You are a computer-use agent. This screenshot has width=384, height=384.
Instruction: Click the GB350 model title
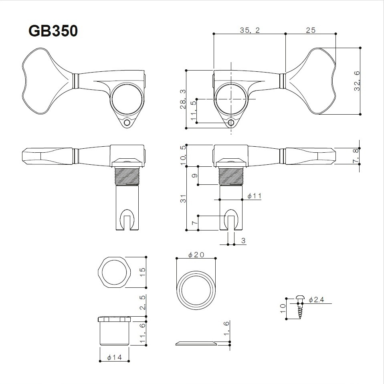point(53,31)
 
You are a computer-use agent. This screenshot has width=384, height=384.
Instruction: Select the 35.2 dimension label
point(250,30)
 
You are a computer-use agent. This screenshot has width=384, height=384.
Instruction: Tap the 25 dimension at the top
point(311,30)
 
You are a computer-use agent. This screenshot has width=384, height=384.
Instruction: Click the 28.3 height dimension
point(182,99)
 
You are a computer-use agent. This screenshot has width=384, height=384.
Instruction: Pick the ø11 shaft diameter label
point(254,196)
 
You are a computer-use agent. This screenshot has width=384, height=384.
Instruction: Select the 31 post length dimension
point(182,198)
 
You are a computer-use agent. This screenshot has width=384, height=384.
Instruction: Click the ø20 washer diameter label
point(196,255)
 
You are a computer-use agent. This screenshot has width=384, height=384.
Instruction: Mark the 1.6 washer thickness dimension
point(226,329)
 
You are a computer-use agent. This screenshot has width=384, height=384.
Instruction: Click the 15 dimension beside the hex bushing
point(142,272)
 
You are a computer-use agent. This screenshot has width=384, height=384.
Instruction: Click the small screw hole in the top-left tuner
point(127,122)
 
